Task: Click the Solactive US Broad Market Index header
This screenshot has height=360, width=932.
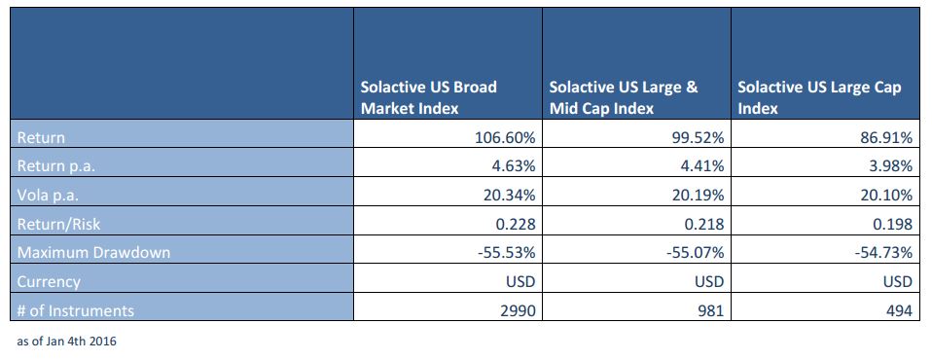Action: [x=429, y=98]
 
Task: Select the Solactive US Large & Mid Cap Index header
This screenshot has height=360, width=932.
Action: [x=624, y=98]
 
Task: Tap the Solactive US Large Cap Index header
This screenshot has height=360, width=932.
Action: [x=820, y=98]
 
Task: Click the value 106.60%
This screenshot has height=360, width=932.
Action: [x=505, y=138]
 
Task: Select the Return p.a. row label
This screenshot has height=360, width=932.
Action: [x=55, y=166]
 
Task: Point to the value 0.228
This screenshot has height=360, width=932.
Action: [x=519, y=224]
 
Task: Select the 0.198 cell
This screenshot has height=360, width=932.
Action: [x=895, y=224]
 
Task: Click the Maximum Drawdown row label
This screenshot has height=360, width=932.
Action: [x=93, y=252]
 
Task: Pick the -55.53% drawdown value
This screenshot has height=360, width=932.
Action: [x=507, y=252]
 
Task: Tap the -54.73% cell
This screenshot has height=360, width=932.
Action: [x=883, y=252]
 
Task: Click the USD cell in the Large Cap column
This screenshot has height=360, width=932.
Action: [x=897, y=281]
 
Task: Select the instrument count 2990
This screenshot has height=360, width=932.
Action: [x=520, y=310]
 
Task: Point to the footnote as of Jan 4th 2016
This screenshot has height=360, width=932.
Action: [x=66, y=342]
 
